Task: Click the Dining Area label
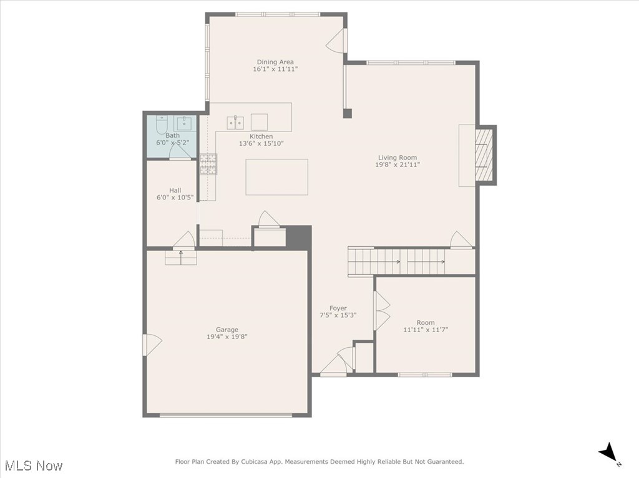(275, 62)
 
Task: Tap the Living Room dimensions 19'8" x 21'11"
(398, 165)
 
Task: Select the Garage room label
(227, 330)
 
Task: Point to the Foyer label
(338, 308)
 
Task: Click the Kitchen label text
(261, 136)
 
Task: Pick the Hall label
(175, 190)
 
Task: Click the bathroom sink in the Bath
(183, 122)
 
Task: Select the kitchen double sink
(235, 122)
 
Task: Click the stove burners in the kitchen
(208, 164)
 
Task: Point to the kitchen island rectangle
(276, 177)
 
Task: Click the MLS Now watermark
(33, 466)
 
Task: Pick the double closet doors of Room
(381, 312)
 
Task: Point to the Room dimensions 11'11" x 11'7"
(426, 330)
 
